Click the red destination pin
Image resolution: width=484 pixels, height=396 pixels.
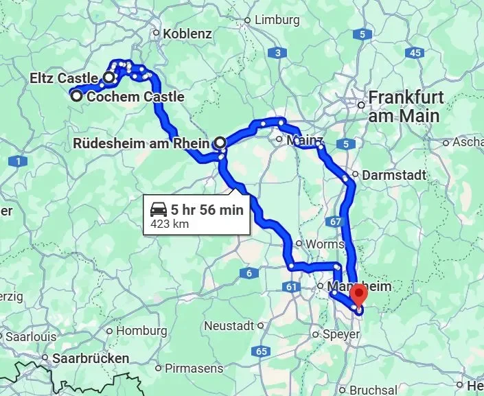tap(358, 294)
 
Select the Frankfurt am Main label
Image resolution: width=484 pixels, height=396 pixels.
tap(404, 106)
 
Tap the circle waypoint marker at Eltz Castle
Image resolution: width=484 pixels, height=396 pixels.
tap(108, 78)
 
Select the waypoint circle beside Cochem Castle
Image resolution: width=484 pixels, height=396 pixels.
tap(77, 97)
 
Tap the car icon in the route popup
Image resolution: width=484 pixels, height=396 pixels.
tap(159, 209)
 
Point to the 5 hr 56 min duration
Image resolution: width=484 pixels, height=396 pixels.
tap(207, 210)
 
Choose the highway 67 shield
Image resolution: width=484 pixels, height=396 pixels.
tap(335, 222)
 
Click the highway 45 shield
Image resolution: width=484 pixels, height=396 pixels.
tap(413, 52)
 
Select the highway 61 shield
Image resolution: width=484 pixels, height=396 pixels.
tap(293, 287)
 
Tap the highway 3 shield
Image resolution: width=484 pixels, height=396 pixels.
tap(277, 53)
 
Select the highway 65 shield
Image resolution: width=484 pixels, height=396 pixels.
tap(261, 351)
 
